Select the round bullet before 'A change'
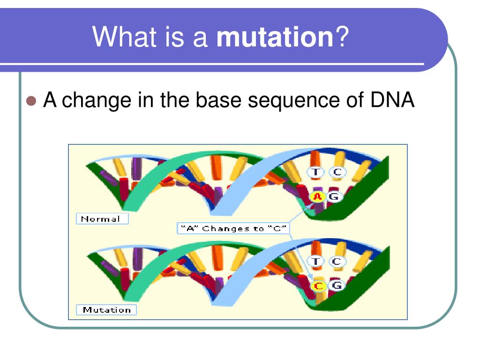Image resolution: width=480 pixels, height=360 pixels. [32, 101]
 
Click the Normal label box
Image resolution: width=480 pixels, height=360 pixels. [101, 219]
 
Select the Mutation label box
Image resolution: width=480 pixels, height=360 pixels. [106, 310]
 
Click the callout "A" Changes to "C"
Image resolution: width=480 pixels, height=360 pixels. [233, 229]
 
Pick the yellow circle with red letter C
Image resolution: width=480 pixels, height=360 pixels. [319, 285]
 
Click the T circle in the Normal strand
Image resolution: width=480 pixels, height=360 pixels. [316, 172]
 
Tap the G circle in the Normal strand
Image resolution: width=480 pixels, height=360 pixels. [334, 197]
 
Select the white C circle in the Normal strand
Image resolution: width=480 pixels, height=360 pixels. [337, 172]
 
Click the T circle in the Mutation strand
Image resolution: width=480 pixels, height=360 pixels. [316, 261]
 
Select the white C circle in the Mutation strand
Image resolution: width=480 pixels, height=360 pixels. [337, 261]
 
